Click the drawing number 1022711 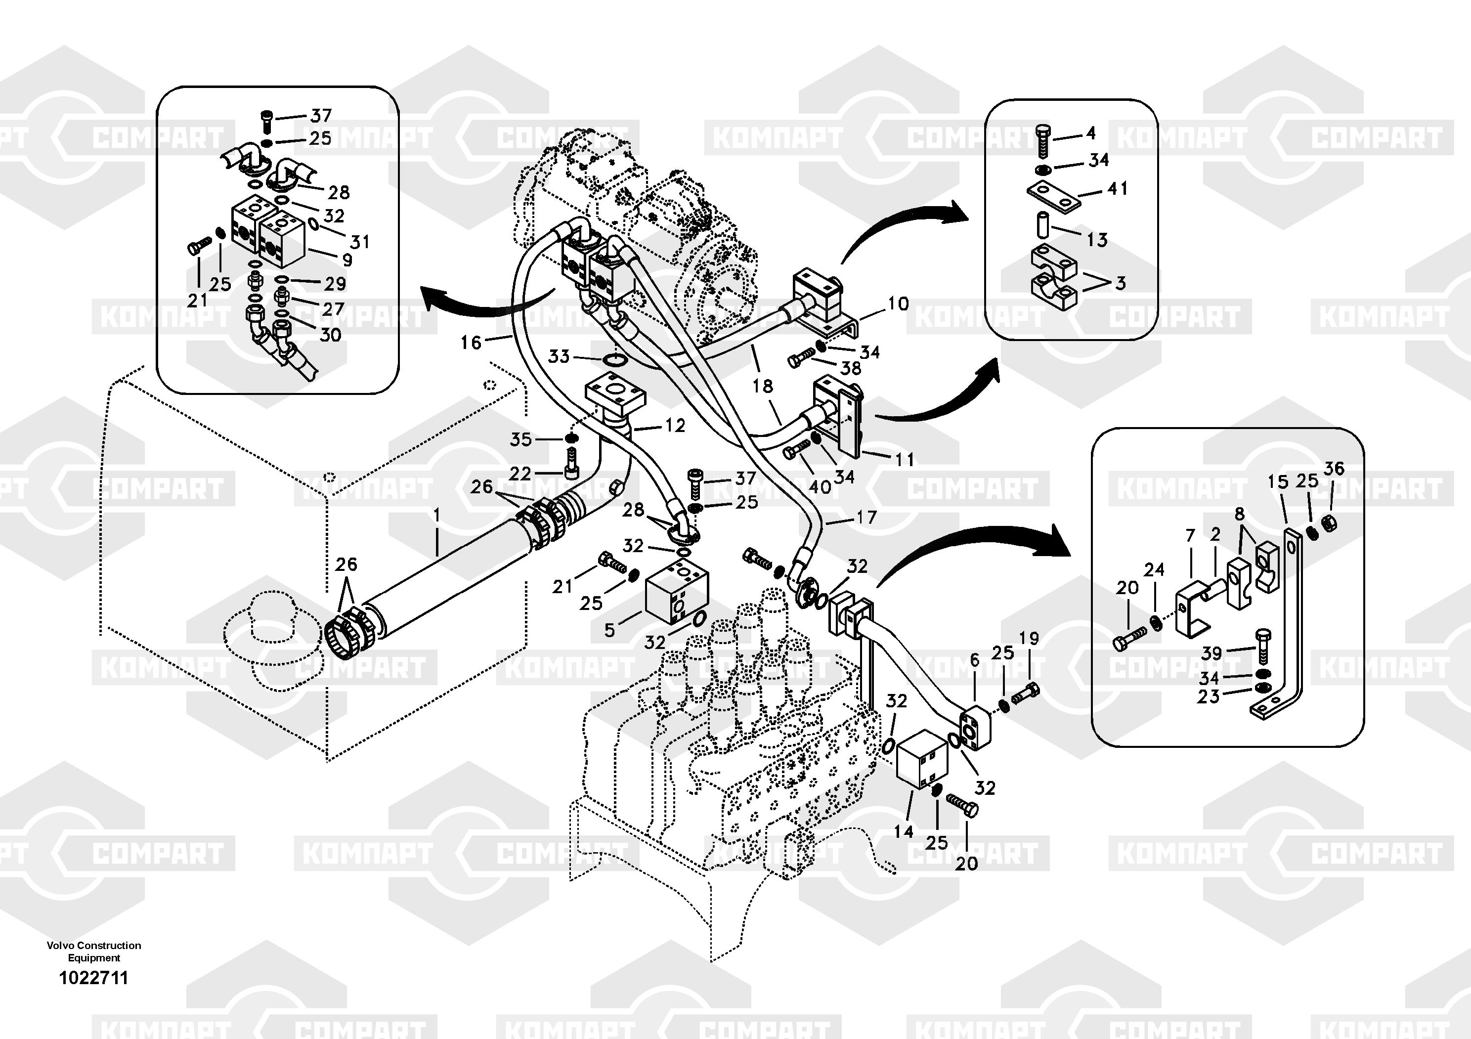[93, 978]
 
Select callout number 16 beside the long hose [471, 343]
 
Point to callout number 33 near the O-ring [559, 356]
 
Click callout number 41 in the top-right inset [1118, 188]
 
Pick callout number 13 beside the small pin [1097, 240]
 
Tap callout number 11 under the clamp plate [904, 459]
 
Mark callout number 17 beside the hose [866, 517]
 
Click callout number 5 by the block [609, 630]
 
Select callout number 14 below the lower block [904, 831]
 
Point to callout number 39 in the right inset [1211, 653]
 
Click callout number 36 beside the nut [1334, 469]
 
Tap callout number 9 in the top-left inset [347, 260]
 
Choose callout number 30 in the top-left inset [330, 334]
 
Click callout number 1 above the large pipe [437, 515]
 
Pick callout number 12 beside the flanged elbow [675, 425]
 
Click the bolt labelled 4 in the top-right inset [1043, 142]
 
